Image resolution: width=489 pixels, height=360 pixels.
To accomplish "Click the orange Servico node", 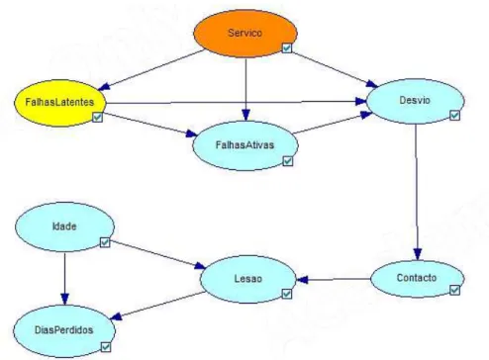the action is coord(245,34).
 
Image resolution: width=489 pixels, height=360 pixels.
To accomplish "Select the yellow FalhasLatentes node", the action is coord(60,103).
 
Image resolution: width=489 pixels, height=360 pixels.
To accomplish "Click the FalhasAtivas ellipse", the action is coord(245,145).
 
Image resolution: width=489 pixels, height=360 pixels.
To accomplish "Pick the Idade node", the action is coord(64,226).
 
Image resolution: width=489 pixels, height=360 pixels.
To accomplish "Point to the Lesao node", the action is coord(248,279).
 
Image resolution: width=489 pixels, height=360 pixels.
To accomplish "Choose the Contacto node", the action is coord(418,278).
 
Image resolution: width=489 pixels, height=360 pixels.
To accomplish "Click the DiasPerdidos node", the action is coord(64,330).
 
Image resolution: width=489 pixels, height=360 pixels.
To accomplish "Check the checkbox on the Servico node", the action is coord(287,47).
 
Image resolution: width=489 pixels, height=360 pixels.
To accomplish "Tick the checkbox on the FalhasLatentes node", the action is coord(97,117).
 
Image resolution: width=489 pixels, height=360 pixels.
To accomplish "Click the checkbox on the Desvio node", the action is coord(454,115).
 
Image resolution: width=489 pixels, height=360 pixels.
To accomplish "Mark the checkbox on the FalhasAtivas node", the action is coord(288,161).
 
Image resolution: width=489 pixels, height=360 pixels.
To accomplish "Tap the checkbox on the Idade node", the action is coord(105,242).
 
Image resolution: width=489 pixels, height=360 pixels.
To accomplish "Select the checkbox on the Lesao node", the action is coord(287,294).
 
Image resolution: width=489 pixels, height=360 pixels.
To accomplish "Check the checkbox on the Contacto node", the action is coord(454,290).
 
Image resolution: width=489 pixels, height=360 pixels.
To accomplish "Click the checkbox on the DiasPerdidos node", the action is coord(106,347).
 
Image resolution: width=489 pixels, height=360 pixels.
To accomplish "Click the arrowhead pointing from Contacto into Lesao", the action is coord(302,280).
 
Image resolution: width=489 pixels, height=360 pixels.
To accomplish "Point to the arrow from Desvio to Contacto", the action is coord(417,192).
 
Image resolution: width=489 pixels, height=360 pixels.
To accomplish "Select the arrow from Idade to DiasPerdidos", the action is coord(64,279).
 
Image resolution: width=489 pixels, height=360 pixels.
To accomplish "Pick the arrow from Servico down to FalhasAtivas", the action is coord(245,89).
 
